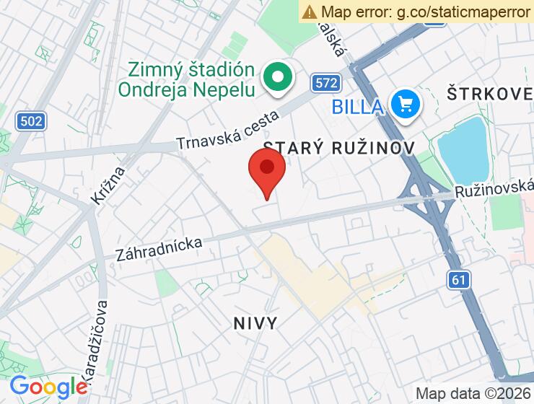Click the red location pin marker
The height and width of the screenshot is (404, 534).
tap(267, 170)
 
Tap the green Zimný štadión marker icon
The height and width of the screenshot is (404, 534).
tap(276, 77)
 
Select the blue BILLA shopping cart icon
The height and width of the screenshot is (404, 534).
tap(406, 105)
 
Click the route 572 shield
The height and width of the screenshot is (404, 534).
tap(326, 83)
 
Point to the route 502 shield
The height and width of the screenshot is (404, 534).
tap(31, 120)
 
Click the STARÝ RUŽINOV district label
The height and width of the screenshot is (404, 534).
tap(338, 147)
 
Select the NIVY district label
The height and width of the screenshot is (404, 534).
tap(255, 322)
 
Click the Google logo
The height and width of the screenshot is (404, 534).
tap(48, 387)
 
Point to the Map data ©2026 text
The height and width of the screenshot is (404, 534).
tap(472, 393)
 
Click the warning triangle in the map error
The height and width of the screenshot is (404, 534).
tap(310, 12)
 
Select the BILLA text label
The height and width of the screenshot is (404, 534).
tap(357, 106)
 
